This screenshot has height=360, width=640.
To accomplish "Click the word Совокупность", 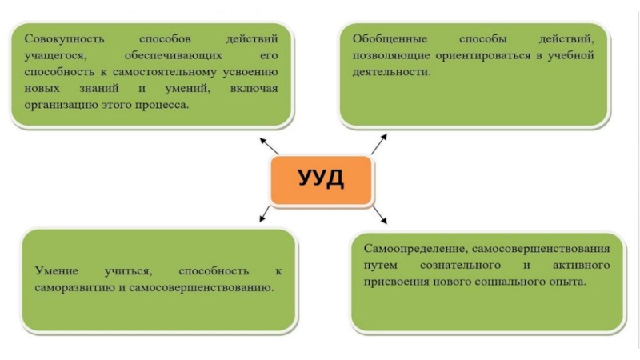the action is pos(58,38).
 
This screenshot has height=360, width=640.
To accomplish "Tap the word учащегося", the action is pos(53,55).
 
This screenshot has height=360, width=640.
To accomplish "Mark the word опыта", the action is pos(567,282).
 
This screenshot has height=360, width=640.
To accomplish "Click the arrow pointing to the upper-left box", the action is pos(269,145).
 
